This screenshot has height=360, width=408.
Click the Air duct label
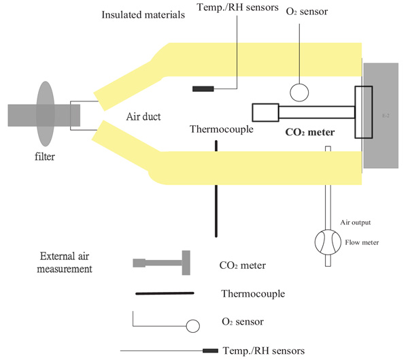(x=144, y=116)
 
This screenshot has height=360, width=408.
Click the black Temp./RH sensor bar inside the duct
(x=203, y=89)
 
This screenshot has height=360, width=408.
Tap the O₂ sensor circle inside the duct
(x=299, y=91)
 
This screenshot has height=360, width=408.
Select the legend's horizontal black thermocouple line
(x=165, y=294)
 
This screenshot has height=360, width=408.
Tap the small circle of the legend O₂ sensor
(x=193, y=326)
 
